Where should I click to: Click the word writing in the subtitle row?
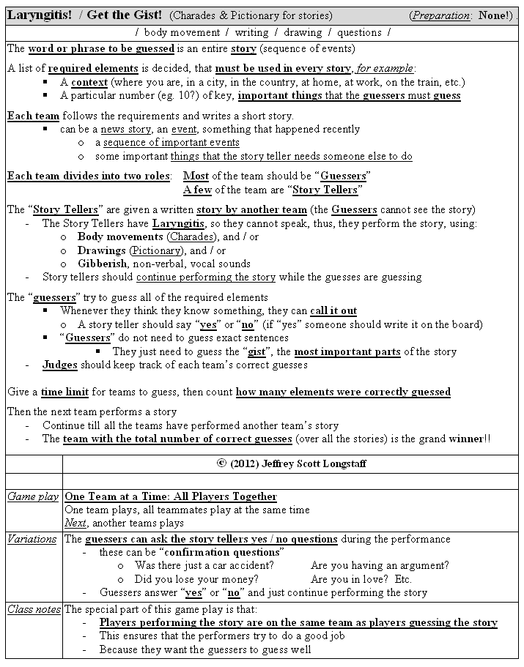tap(252, 32)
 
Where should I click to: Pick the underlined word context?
tap(89, 82)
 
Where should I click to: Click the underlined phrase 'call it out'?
tap(333, 310)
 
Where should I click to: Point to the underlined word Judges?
tap(60, 365)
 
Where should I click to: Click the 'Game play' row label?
tap(33, 496)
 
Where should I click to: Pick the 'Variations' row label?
tap(32, 539)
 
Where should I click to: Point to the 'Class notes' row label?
tap(33, 609)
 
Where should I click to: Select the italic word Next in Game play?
tap(75, 523)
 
